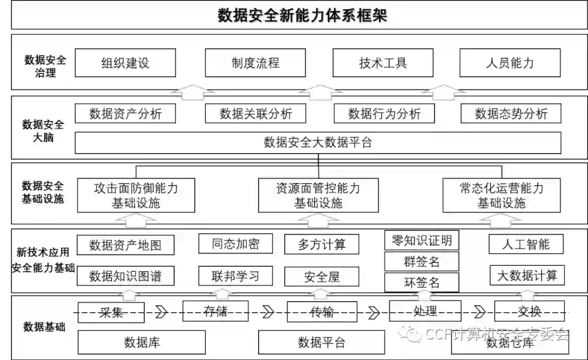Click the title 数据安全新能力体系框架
coord(302,15)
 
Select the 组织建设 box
coord(125,63)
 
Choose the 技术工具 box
coord(383,63)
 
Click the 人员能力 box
coord(510,63)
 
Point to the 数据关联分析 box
coord(255,114)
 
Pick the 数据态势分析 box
coord(511,114)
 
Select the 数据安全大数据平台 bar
coord(317,143)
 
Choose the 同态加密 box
coord(235,244)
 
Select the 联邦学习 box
coord(235,276)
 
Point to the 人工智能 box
coord(526,244)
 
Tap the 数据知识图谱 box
coord(125,276)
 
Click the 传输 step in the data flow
coord(322,312)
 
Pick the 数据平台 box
coord(321,342)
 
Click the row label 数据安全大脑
coord(43,131)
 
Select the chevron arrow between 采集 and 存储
coord(161,312)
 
